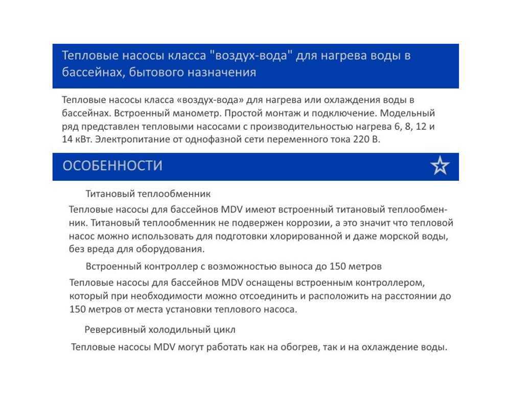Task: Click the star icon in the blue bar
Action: click(x=439, y=166)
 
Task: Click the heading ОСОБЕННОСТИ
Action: click(x=112, y=166)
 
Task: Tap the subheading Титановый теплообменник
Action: click(x=148, y=194)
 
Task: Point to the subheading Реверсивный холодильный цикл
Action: click(x=160, y=329)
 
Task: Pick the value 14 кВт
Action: click(x=77, y=140)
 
